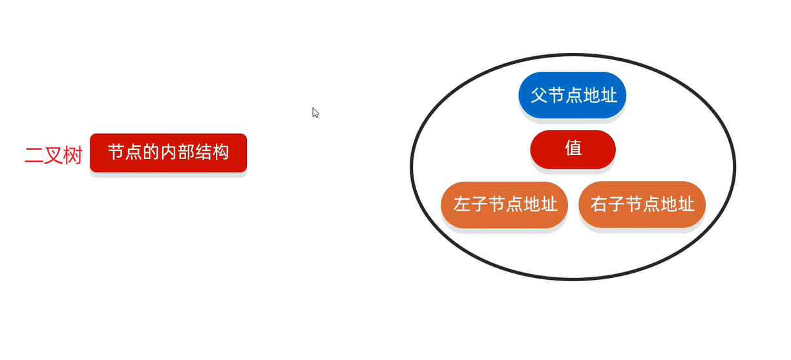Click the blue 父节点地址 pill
[573, 96]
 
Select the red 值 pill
[573, 149]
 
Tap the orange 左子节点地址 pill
[505, 205]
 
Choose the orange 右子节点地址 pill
[642, 205]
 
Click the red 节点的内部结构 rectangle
[168, 153]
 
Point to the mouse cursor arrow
[315, 112]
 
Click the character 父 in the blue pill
[539, 96]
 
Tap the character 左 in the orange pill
[461, 205]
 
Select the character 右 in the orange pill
[598, 205]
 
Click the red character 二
[34, 156]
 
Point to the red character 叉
[54, 156]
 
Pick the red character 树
[73, 156]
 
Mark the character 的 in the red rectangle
[151, 153]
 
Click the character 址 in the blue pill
[609, 96]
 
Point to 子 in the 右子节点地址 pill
[616, 205]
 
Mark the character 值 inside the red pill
[573, 149]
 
